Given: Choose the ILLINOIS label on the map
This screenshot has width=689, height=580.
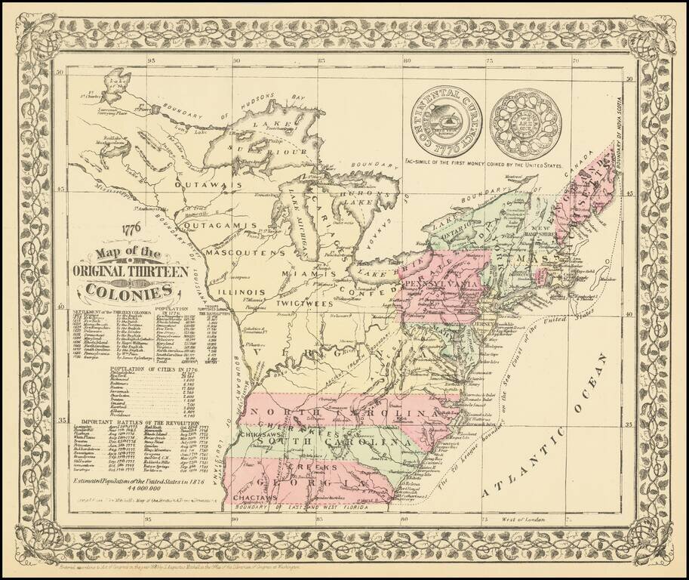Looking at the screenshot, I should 241,291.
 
